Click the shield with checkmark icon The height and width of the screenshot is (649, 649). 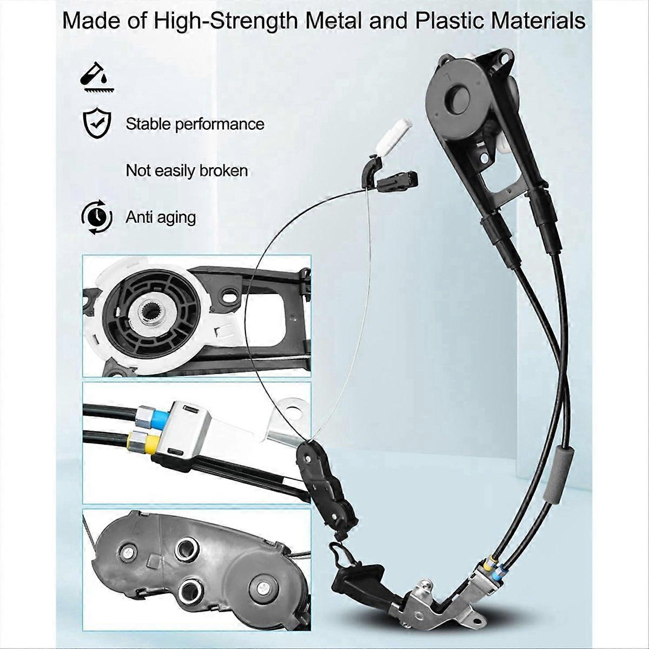pos(96,124)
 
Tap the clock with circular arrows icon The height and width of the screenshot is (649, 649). pos(97,217)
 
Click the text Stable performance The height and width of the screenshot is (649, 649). pos(195,124)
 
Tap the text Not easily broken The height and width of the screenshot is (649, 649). pos(187,171)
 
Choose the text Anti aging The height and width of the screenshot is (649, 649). pos(161,218)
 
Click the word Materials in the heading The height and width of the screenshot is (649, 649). pos(538,21)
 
